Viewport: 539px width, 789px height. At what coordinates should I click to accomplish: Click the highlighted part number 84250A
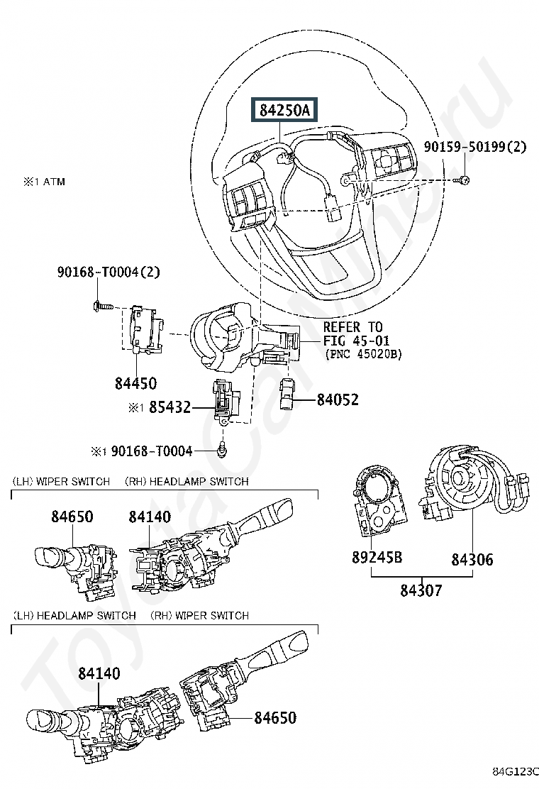tap(284, 110)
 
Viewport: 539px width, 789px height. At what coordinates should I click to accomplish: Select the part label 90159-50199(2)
tap(475, 147)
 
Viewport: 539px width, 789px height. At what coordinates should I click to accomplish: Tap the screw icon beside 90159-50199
tap(464, 180)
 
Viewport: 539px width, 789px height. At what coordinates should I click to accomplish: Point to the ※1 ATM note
tap(44, 182)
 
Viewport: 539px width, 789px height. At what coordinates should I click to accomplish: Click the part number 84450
tap(135, 383)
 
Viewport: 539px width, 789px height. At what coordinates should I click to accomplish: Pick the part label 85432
tap(170, 407)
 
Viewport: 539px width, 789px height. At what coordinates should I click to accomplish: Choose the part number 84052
tap(338, 399)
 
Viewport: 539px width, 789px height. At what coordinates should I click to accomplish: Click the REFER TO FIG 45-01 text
tap(356, 333)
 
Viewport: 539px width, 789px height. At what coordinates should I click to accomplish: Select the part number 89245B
tap(377, 558)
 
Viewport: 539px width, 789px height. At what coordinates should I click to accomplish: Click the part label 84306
tap(472, 559)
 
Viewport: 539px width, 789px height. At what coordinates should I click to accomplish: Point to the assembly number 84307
tap(421, 590)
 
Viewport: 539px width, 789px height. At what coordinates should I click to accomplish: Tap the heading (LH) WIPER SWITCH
tap(61, 482)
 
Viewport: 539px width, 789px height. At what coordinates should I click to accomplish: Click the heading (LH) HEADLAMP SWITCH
tap(74, 615)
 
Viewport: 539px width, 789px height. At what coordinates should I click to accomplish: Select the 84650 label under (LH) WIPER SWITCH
tap(72, 517)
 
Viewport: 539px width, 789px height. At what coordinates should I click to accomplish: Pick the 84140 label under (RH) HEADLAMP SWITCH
tap(150, 517)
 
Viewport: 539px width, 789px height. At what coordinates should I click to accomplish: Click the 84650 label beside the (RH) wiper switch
tap(275, 717)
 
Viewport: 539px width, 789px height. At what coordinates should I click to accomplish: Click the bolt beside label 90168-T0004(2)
tap(101, 305)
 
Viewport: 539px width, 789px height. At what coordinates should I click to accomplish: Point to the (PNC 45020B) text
tap(364, 354)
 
